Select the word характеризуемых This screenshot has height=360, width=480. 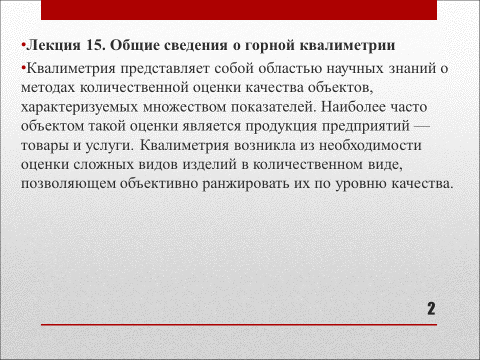coord(88,106)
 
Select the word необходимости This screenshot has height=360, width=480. coord(367,145)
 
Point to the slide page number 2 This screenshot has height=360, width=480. coord(431,308)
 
